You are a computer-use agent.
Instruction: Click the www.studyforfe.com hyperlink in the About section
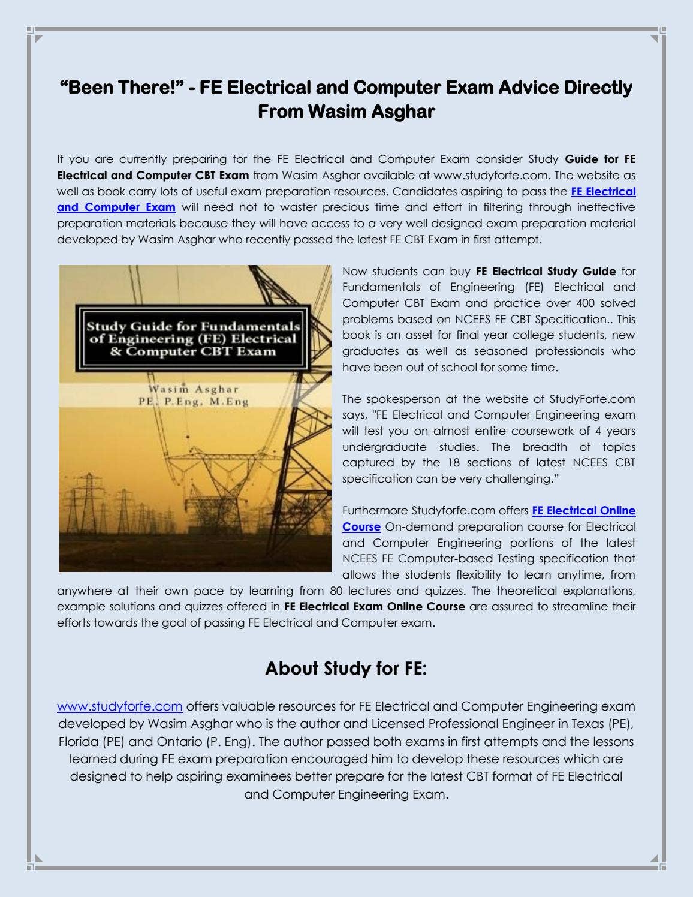119,706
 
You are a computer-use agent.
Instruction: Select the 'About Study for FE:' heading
346,669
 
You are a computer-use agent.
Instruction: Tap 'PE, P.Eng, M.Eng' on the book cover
193,402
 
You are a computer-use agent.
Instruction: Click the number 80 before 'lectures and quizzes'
336,591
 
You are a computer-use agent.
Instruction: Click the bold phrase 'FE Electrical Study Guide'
546,272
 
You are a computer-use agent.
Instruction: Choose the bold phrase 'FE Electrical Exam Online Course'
375,607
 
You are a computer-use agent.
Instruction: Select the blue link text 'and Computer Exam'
116,207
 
